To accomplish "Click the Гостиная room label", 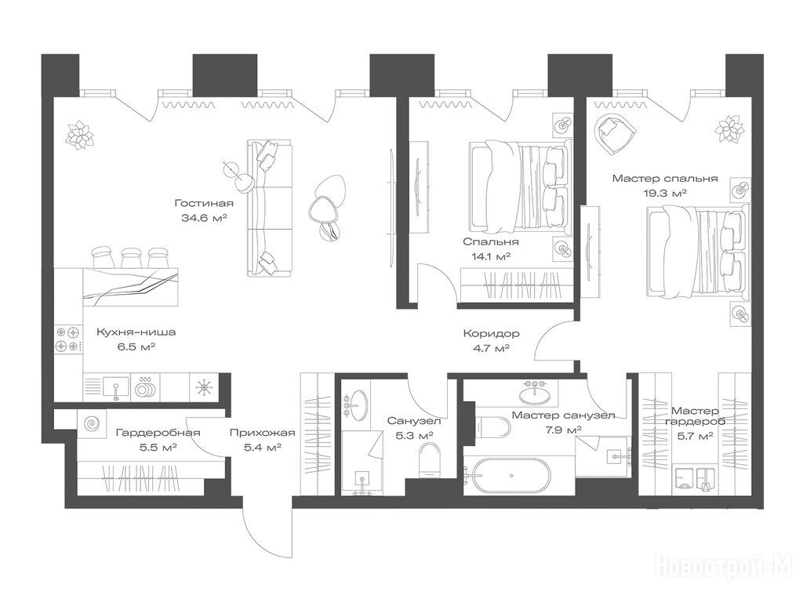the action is (204, 203).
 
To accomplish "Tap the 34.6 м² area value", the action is (204, 218).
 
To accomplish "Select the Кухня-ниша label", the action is (136, 332).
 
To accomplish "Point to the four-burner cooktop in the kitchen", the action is (68, 339).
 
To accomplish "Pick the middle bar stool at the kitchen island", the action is (131, 257).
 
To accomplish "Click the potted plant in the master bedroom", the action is (729, 128).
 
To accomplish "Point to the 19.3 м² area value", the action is (665, 193).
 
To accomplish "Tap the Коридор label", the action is (491, 334).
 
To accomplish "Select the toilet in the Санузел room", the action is (429, 459).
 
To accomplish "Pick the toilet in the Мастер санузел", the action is (492, 426).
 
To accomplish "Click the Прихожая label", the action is (262, 433).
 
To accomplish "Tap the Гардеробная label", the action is (158, 433).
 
